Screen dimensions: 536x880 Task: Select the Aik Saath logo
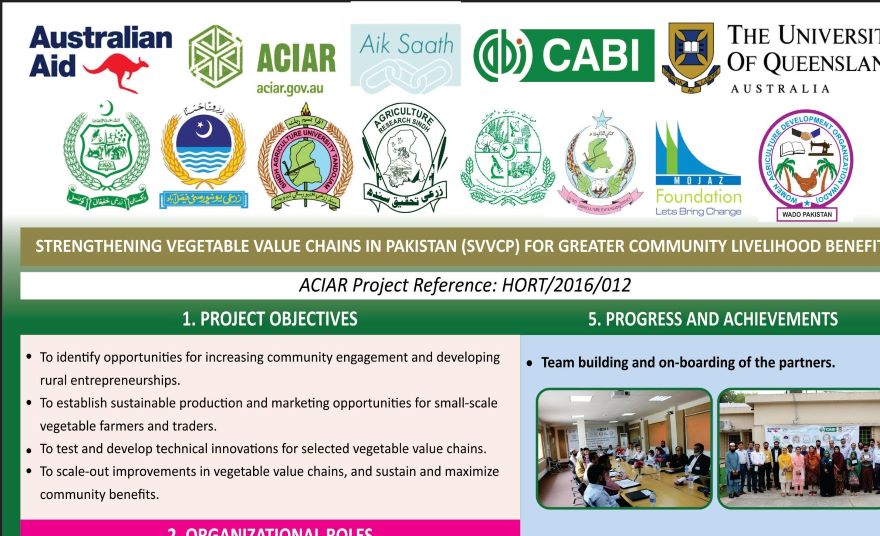[x=406, y=59]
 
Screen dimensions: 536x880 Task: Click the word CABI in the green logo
[x=596, y=55]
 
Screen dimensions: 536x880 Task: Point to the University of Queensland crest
[x=690, y=56]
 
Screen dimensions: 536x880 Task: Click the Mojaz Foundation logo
[x=698, y=169]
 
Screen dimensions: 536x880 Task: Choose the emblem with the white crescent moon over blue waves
[x=203, y=155]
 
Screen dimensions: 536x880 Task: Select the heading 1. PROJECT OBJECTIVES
[x=269, y=319]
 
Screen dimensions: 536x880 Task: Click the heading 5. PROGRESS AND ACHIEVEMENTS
[x=713, y=319]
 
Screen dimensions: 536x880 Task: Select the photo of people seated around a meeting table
[x=624, y=447]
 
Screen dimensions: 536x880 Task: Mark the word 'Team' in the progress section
[x=561, y=362]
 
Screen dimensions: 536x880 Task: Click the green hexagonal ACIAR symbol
[x=215, y=57]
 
